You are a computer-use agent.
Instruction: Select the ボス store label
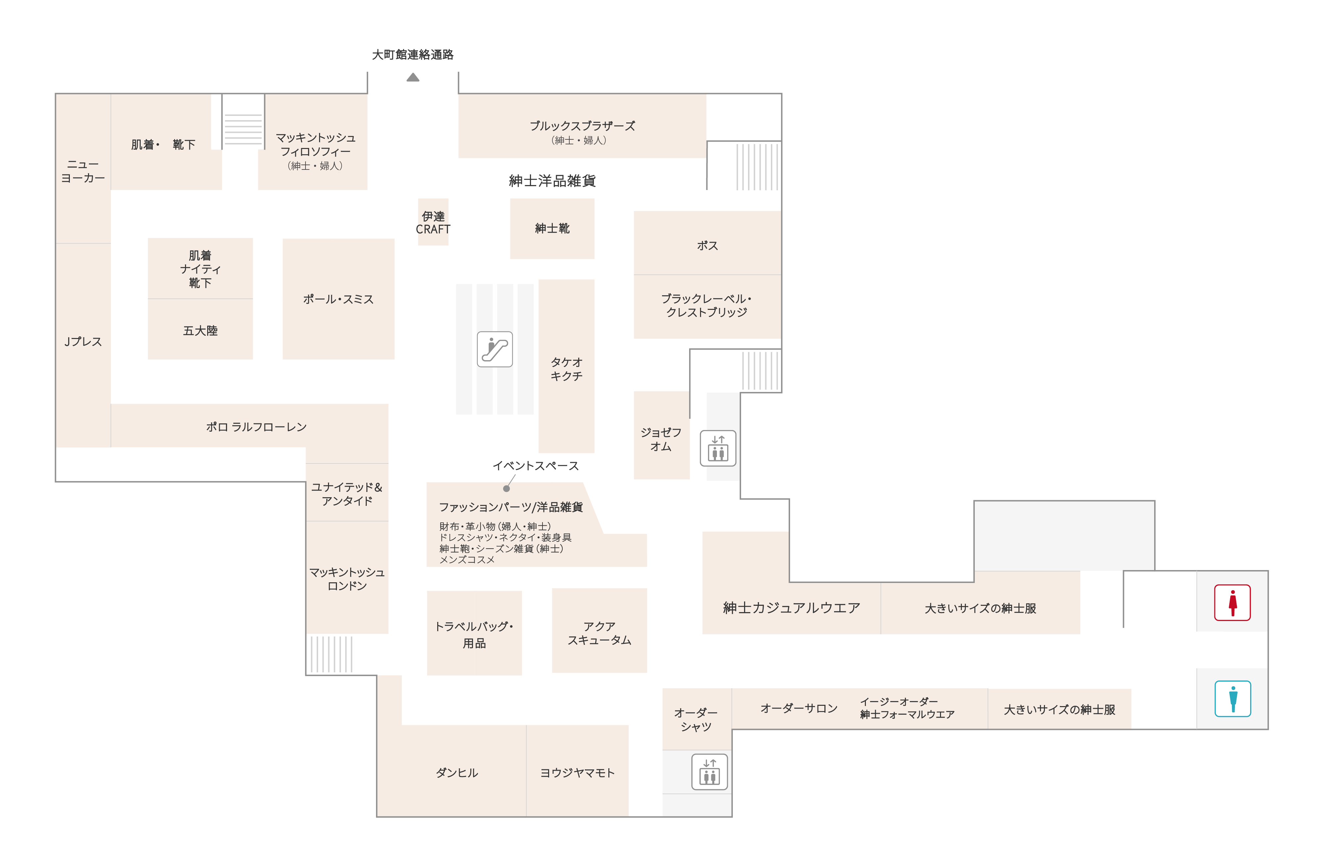pyautogui.click(x=707, y=245)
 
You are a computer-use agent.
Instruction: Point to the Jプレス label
pyautogui.click(x=83, y=341)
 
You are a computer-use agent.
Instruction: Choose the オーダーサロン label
pyautogui.click(x=799, y=708)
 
